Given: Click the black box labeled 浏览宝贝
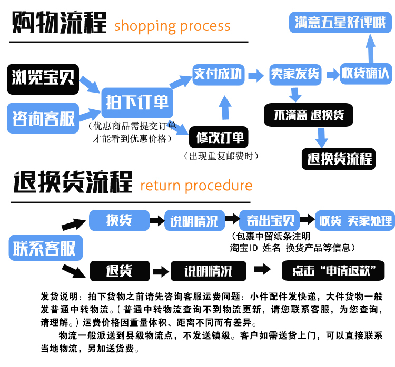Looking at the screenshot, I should point(43,79).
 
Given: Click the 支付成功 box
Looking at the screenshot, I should point(218,74).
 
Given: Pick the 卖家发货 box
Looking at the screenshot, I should point(294,74).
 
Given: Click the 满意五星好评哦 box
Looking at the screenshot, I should point(340,23).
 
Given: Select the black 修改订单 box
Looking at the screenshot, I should point(220,138).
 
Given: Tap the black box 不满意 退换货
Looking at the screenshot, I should point(309,115).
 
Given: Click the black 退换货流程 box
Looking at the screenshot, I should point(339,158).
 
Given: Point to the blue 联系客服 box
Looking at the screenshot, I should point(45,248).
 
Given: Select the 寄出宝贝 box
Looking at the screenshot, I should point(270,220).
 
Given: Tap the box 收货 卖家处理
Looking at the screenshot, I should point(354,220).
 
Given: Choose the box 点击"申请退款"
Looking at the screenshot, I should point(338,271).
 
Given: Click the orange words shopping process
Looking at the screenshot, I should point(172,26).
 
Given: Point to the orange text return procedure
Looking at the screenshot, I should point(196,186).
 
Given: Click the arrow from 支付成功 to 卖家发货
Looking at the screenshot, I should point(256,75).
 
